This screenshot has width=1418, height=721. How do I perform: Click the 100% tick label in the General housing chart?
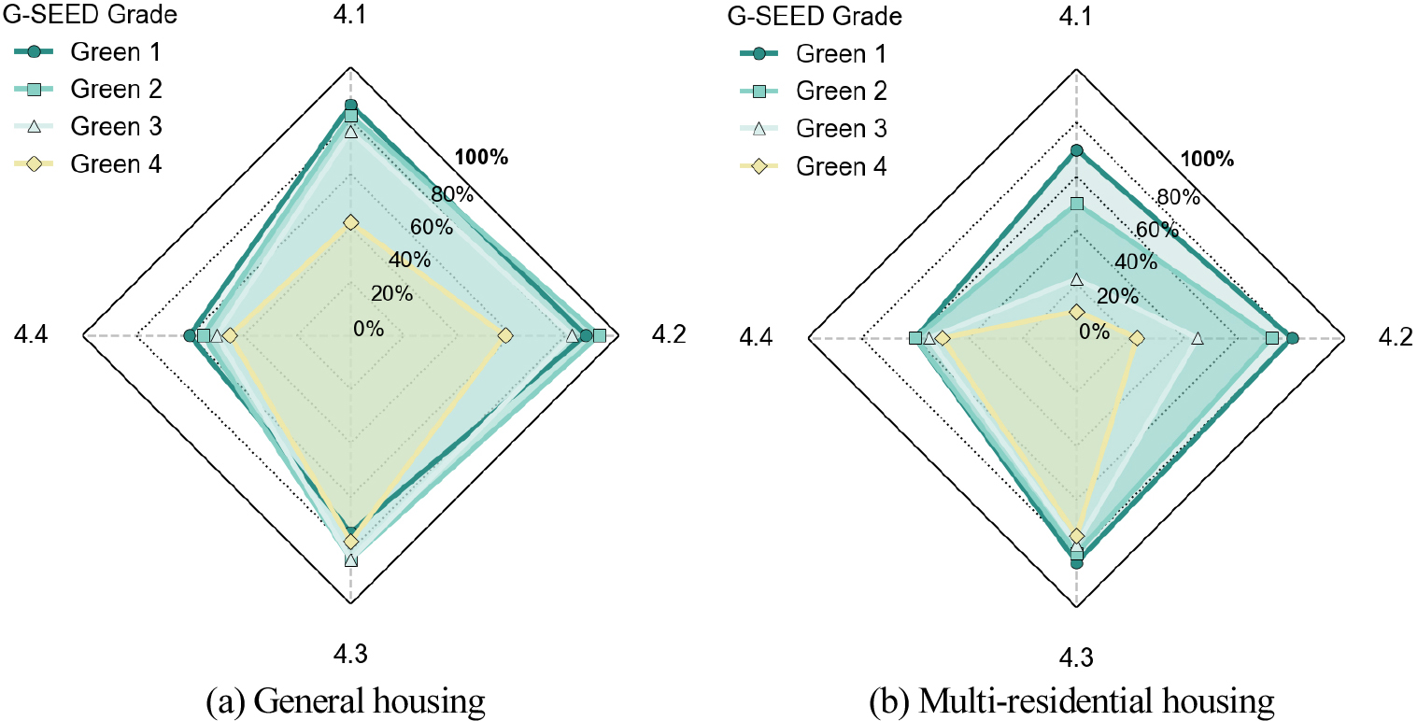tap(481, 157)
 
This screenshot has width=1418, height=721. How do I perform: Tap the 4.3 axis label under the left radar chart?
tap(350, 655)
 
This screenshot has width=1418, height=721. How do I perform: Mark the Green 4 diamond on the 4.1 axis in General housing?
tap(350, 222)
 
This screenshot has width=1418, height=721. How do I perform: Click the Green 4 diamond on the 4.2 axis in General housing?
tap(505, 335)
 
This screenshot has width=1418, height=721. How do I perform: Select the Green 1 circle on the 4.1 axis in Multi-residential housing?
tap(1076, 150)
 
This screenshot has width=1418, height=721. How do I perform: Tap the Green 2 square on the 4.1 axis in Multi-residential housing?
tap(1076, 204)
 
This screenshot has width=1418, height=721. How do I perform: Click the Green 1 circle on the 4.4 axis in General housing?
tap(190, 335)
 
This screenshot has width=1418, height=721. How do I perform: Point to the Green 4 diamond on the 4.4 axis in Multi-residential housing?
tap(943, 338)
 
